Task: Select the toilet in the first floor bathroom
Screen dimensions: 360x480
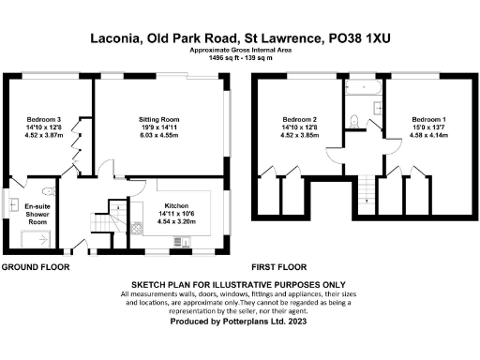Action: pos(353,119)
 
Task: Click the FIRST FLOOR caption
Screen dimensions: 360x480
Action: pos(282,267)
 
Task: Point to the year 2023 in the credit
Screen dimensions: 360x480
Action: pos(296,321)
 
